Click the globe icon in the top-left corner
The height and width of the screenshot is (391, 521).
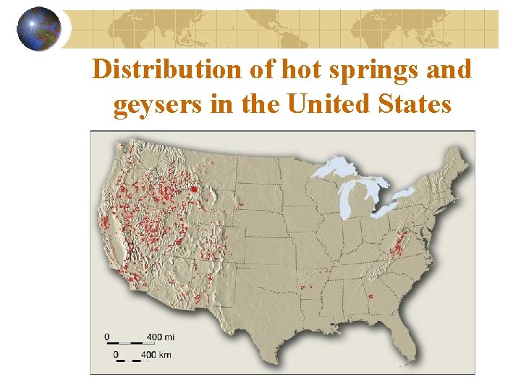coord(39,29)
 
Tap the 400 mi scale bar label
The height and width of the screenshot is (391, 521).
coord(159,337)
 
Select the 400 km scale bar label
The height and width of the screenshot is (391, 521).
coord(160,355)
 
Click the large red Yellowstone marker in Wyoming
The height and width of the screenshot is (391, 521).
coord(194,191)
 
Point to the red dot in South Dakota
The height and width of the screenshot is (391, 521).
coord(240,205)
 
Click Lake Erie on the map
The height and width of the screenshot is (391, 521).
coord(394,210)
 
